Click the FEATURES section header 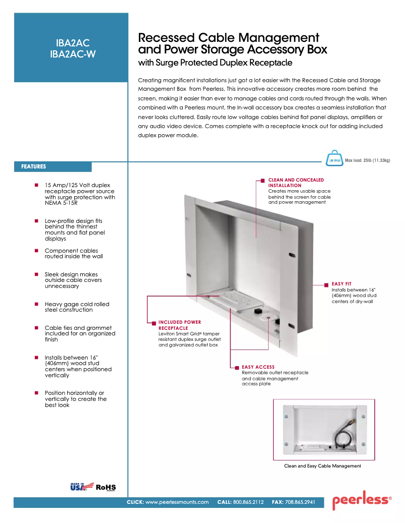(x=34, y=166)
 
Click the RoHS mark (x=106, y=487)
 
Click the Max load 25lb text (x=368, y=160)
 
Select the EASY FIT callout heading (x=342, y=284)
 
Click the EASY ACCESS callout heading (x=258, y=367)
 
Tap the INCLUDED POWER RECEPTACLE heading (x=179, y=325)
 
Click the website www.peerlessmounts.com (x=177, y=502)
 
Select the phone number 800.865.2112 (x=248, y=502)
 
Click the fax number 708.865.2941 (x=300, y=502)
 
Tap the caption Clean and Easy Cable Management (x=323, y=466)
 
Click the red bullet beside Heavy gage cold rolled (x=36, y=304)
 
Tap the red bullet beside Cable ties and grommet (x=36, y=328)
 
